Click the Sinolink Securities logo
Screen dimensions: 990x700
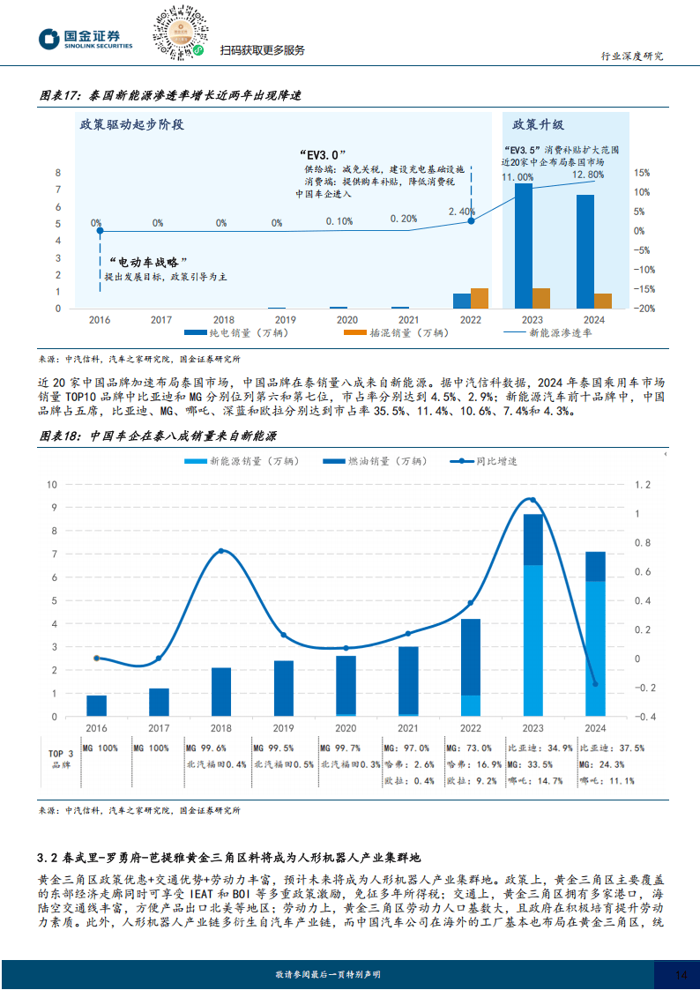85,39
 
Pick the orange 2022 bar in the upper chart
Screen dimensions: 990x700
480,298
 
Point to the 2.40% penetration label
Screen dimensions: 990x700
462,212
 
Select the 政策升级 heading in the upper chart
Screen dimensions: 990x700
539,124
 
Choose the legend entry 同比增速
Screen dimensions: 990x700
483,461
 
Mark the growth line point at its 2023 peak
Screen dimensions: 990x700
532,500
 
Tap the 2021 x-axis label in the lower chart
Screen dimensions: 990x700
408,728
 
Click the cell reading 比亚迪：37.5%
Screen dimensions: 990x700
607,748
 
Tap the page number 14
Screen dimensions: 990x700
681,973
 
